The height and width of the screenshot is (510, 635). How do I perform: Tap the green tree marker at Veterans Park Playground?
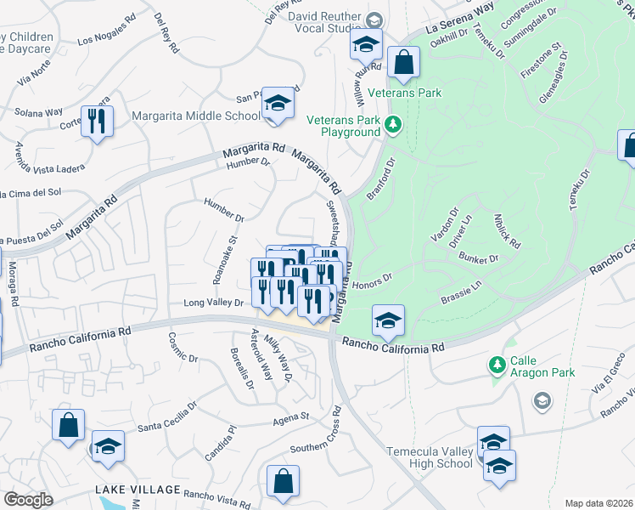click(392, 126)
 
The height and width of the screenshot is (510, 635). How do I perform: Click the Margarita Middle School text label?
click(196, 116)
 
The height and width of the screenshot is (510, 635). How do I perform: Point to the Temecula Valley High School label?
click(430, 457)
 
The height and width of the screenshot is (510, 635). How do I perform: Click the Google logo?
click(28, 499)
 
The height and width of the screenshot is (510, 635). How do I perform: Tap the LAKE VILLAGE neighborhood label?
click(138, 490)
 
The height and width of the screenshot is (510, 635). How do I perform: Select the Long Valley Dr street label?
click(214, 303)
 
